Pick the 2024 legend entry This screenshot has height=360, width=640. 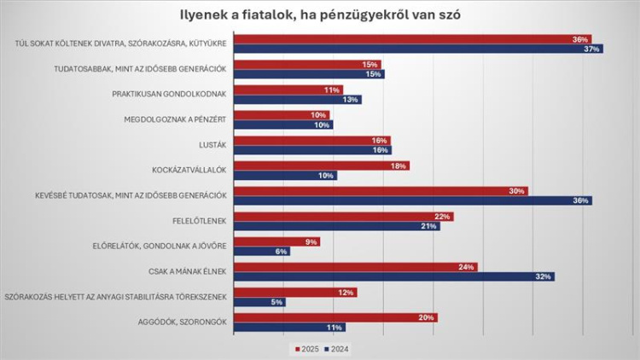pyautogui.click(x=338, y=349)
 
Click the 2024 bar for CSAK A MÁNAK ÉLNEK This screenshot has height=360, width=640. pyautogui.click(x=393, y=276)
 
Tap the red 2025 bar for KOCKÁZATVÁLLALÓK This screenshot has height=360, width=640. pyautogui.click(x=321, y=165)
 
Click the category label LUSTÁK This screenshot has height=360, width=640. pyautogui.click(x=212, y=145)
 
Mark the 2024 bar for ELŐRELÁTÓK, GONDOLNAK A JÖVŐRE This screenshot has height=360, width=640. pyautogui.click(x=261, y=252)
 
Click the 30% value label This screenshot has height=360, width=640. pyautogui.click(x=517, y=191)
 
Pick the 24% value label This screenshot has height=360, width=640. pyautogui.click(x=467, y=267)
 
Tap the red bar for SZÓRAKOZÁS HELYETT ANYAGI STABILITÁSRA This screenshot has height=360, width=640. pyautogui.click(x=295, y=293)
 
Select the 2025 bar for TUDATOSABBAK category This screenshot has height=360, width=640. pyautogui.click(x=307, y=65)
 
